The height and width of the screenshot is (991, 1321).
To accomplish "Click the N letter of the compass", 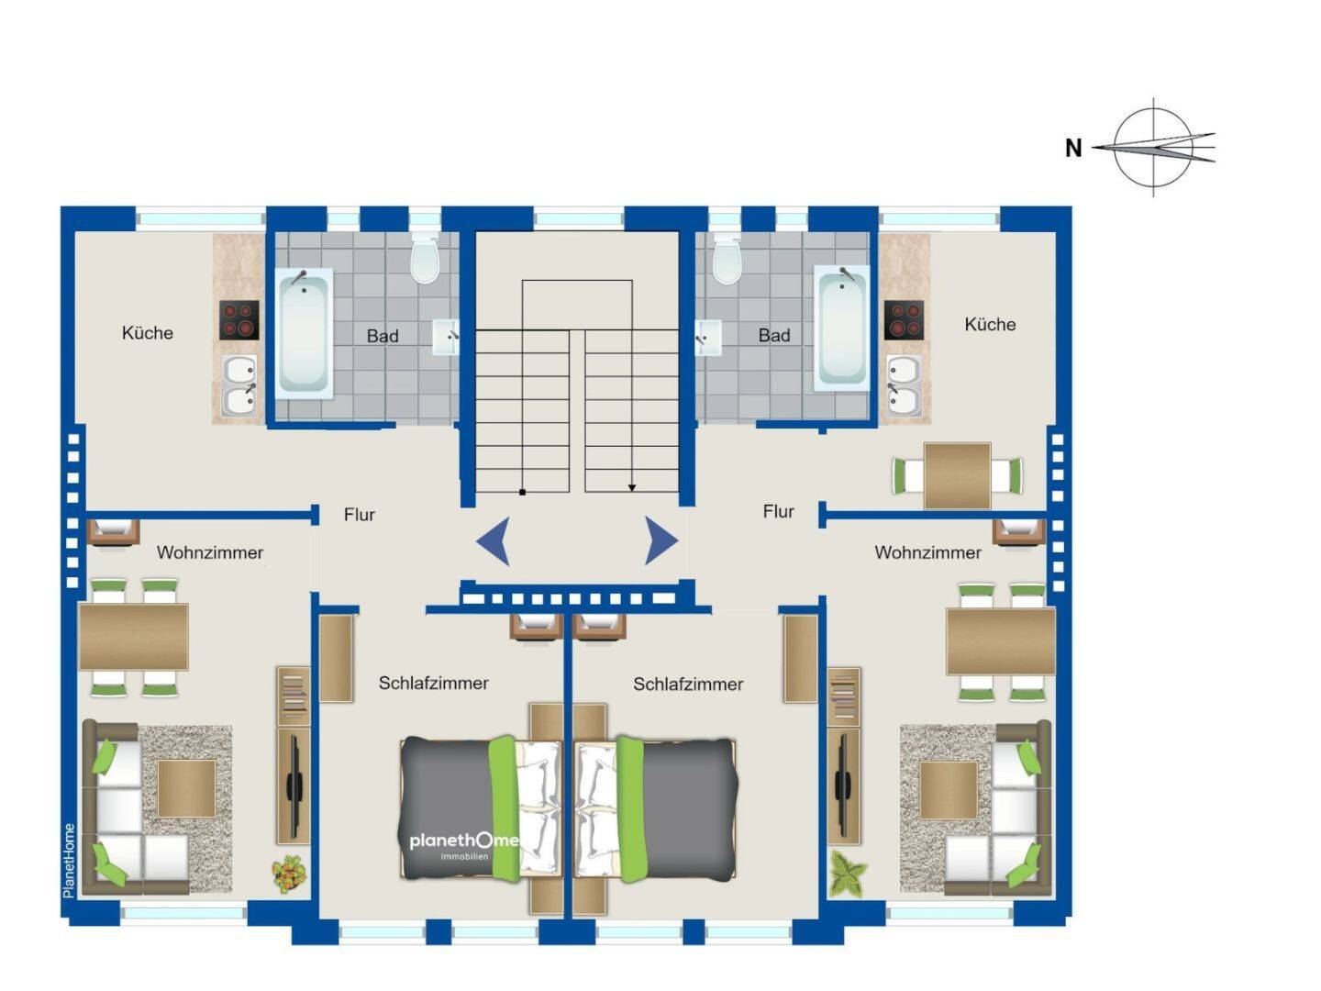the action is click(x=1073, y=148).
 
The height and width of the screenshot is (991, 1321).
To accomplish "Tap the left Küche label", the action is click(x=148, y=333).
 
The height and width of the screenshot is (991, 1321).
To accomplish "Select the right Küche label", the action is click(x=990, y=324).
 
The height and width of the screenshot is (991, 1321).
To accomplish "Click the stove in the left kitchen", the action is click(x=239, y=320).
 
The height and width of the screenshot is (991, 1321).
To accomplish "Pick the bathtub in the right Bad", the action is click(x=841, y=328).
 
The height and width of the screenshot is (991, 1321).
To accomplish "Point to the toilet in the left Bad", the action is click(x=426, y=258).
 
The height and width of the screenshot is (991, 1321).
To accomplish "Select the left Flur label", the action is click(x=360, y=515).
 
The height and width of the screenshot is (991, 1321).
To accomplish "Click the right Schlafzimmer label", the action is click(x=688, y=685).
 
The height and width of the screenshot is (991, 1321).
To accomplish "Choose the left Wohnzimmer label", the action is click(x=210, y=552).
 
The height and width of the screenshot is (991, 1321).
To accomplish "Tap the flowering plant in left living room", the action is click(x=290, y=873).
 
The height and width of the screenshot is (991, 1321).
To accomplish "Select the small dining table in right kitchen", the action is click(x=957, y=476).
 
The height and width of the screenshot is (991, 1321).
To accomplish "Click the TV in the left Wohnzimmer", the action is click(x=294, y=785).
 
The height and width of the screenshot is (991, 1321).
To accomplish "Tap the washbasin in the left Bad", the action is click(x=446, y=337).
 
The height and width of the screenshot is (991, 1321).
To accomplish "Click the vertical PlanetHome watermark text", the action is click(x=69, y=861).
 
